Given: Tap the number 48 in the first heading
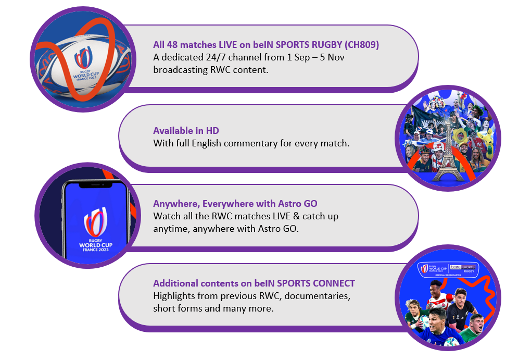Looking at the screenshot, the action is (x=172, y=45).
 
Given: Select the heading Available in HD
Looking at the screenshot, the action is (x=186, y=131).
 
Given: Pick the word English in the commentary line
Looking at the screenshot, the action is (x=207, y=143).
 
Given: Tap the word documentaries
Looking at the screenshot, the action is (x=317, y=296).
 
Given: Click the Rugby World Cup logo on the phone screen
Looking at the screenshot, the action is (x=95, y=229).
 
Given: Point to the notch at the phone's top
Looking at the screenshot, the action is (x=95, y=185).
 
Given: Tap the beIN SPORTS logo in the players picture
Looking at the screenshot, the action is (x=463, y=268).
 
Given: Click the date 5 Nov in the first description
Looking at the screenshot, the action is (x=332, y=57).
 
